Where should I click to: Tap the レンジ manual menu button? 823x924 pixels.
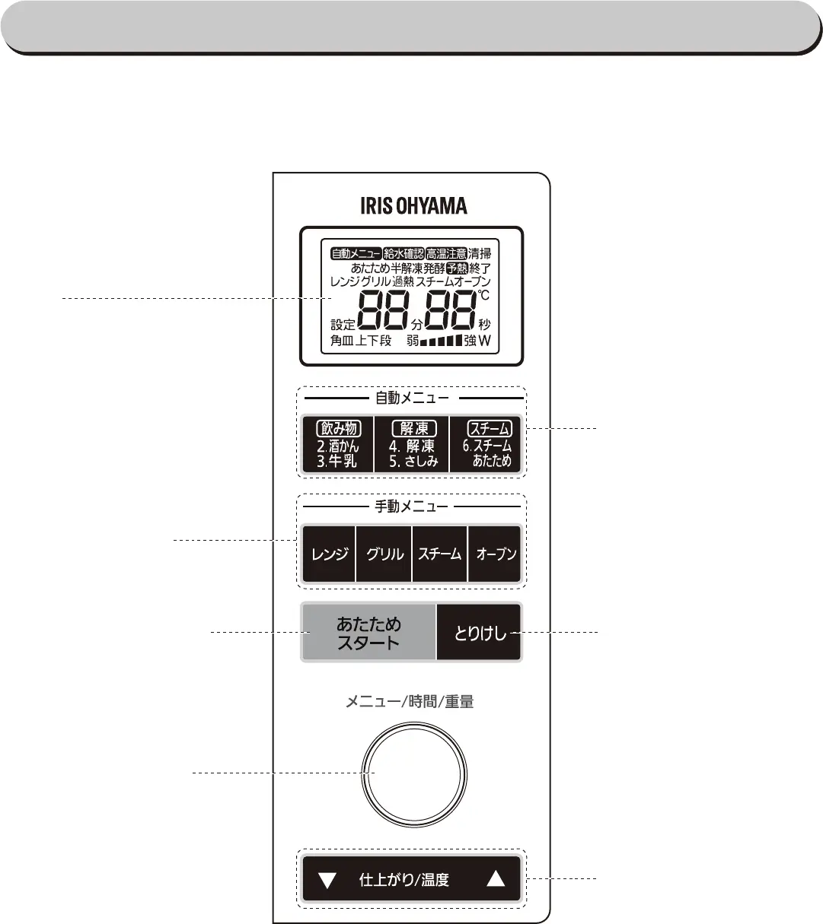coord(329,554)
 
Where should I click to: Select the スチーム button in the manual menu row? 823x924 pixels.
coord(440,554)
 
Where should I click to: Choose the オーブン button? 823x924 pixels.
coord(496,554)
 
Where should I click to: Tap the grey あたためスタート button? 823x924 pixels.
coord(368,633)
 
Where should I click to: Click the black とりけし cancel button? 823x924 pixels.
coord(480,633)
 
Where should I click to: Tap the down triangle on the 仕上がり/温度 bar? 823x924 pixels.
coord(327,880)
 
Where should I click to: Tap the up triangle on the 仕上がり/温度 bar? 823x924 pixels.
coord(496,879)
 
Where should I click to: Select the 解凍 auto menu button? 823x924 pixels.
coord(412,444)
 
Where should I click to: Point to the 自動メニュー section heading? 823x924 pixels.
coord(412,397)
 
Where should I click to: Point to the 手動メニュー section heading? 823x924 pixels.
coord(412,506)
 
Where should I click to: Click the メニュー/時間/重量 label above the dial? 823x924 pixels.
coord(410,703)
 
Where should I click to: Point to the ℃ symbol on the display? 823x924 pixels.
coord(484,294)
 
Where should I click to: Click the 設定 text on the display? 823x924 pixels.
coord(343,325)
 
